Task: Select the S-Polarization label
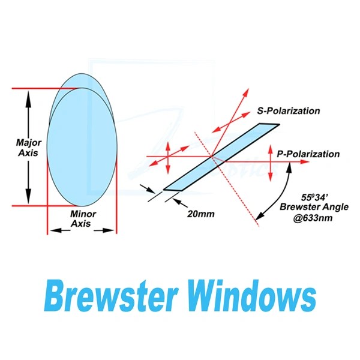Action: [287, 111]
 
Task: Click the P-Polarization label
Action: [308, 154]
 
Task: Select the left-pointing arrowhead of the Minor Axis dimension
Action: [52, 230]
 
